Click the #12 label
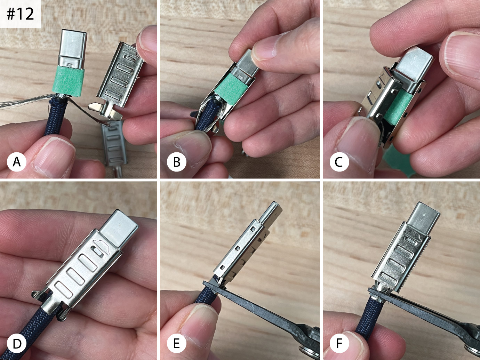point(20,14)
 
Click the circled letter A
point(17,162)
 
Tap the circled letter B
point(176,162)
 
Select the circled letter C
point(339,162)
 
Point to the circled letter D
point(17,344)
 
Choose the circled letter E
point(176,344)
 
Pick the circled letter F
point(339,344)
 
